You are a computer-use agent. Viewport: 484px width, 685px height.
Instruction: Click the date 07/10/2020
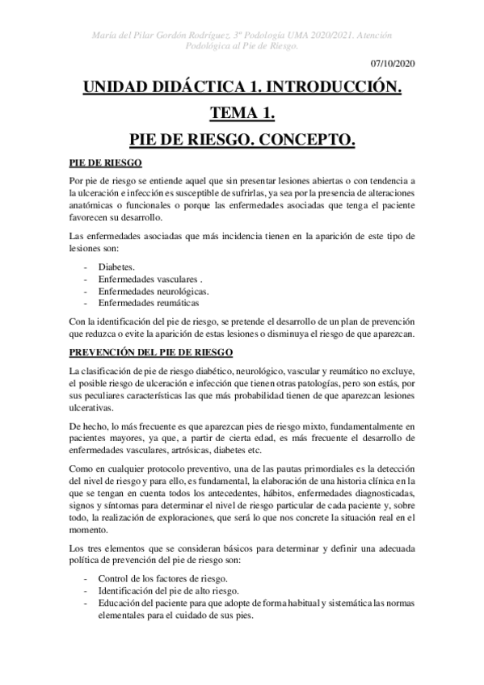tap(394, 63)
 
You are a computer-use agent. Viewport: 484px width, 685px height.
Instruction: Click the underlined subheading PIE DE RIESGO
tap(106, 162)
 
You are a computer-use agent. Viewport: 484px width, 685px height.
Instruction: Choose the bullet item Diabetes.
tap(116, 266)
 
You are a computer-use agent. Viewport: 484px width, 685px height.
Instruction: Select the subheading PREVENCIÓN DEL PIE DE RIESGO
tap(151, 352)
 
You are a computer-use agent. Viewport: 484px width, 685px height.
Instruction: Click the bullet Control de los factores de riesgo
tap(162, 578)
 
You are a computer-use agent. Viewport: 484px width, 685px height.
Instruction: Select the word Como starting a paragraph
tap(82, 469)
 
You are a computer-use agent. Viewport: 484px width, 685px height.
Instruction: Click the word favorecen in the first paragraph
tap(91, 218)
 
